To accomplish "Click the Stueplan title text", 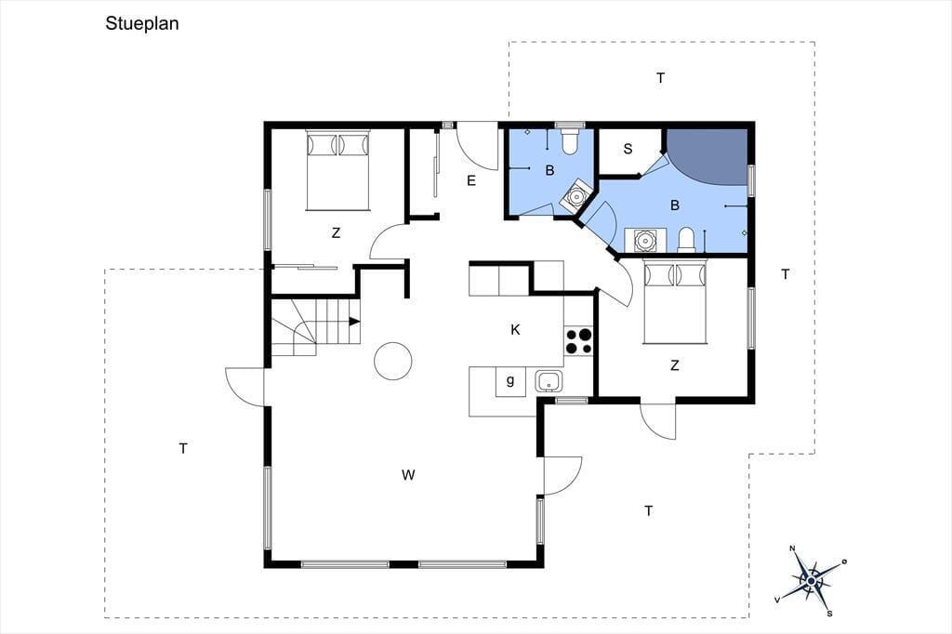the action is (142, 24).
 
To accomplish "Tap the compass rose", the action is (811, 581).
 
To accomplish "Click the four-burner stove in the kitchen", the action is (578, 340).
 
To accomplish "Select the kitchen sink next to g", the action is (549, 381).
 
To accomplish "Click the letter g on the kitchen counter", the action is (510, 381).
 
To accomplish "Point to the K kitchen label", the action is (515, 330).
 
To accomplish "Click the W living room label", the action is (408, 475).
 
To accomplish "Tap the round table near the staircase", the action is (393, 361).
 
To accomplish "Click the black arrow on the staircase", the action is (354, 322).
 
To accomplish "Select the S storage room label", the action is (628, 149).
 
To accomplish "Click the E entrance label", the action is (471, 181).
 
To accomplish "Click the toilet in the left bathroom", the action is (570, 140).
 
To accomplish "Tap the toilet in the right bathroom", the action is (686, 240).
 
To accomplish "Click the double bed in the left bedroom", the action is (337, 170).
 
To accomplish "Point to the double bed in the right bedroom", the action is (675, 302).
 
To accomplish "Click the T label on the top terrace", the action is (661, 78).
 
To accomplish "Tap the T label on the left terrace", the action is (183, 449).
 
